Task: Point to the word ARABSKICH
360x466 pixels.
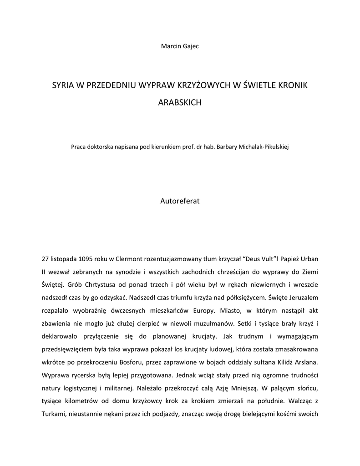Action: click(x=180, y=103)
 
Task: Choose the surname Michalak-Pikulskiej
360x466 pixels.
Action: click(x=263, y=147)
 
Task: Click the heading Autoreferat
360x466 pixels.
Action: click(x=180, y=200)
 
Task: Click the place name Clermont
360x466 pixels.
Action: click(x=129, y=259)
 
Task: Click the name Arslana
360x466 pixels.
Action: click(x=305, y=363)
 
